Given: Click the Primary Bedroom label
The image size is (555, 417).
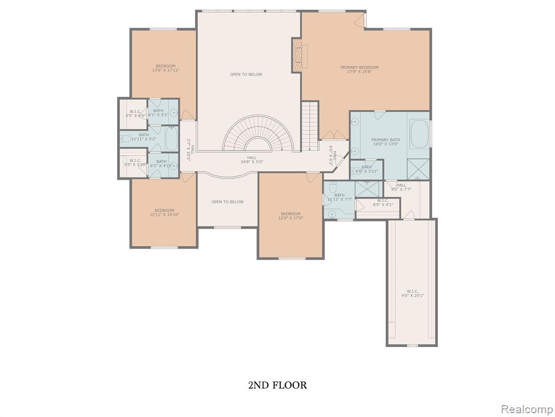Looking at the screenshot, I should click(359, 67).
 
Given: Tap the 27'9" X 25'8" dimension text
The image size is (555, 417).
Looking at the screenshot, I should click(359, 72).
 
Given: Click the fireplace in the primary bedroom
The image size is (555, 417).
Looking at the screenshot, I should click(297, 55).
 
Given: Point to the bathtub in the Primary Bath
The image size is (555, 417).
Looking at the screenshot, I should click(420, 134).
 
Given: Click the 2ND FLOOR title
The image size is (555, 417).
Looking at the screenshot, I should click(277, 386).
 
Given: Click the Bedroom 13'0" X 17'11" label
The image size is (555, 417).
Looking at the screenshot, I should click(166, 68).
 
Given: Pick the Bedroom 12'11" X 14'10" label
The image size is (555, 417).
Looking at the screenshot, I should click(164, 212).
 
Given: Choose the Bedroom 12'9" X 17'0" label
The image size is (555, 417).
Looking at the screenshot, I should click(291, 216).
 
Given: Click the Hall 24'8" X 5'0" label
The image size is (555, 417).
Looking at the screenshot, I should click(251, 160).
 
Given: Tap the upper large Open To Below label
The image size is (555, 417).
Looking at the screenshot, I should click(246, 74).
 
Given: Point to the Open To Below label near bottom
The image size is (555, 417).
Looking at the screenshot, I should click(227, 202).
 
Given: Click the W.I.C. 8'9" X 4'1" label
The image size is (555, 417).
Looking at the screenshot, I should click(383, 203).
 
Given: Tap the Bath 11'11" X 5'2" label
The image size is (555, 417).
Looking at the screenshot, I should click(144, 137).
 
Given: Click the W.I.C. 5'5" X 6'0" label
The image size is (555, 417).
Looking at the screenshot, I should click(135, 113).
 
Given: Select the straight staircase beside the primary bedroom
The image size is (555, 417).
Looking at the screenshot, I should click(309, 125).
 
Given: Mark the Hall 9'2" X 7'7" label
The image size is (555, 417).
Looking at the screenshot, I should click(401, 187).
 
